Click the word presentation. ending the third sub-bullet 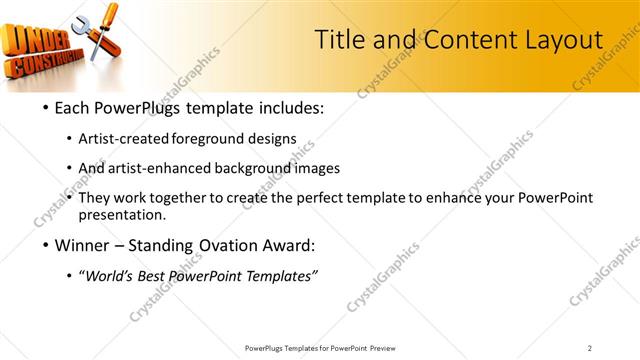(x=129, y=214)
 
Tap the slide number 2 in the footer (x=590, y=348)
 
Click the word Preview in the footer (x=388, y=348)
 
